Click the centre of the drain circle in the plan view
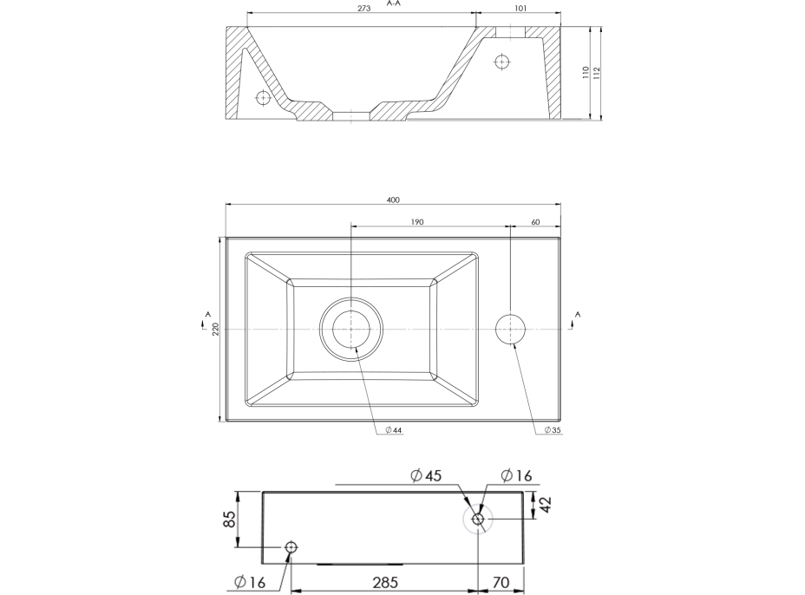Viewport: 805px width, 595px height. click(x=351, y=329)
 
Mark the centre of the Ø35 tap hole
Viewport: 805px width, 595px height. click(x=510, y=329)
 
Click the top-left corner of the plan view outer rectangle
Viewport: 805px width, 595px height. click(x=226, y=237)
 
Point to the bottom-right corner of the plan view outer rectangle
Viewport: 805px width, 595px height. click(x=561, y=422)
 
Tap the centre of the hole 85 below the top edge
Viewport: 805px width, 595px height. click(x=291, y=547)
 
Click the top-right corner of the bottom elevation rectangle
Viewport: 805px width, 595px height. click(x=523, y=492)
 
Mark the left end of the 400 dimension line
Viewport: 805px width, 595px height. click(x=226, y=204)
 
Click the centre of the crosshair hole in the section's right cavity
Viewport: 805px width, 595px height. click(x=501, y=62)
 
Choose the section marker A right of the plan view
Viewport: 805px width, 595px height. click(x=578, y=314)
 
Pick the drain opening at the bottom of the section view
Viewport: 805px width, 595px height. click(x=351, y=116)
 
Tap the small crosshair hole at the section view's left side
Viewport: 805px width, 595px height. click(x=263, y=96)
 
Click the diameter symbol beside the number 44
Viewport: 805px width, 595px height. click(x=389, y=429)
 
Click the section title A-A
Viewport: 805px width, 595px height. click(x=394, y=3)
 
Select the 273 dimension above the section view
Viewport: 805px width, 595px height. click(x=363, y=8)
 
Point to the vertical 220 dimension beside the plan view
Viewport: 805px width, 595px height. click(x=216, y=329)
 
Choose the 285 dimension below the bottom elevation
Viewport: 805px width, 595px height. click(x=385, y=582)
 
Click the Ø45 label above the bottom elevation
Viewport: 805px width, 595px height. click(x=426, y=476)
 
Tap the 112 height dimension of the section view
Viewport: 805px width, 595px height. click(x=596, y=72)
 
